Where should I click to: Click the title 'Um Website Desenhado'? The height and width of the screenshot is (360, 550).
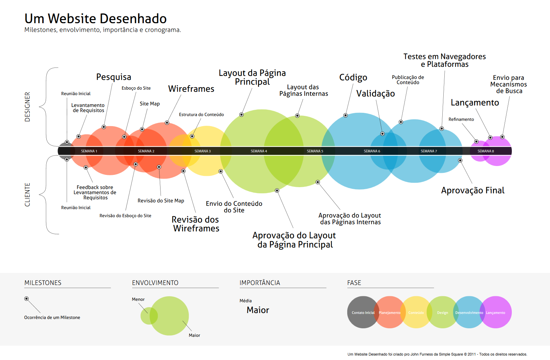[x=95, y=19]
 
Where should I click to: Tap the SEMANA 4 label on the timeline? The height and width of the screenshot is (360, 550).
[x=259, y=151]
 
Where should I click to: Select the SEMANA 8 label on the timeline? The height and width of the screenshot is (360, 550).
[x=486, y=151]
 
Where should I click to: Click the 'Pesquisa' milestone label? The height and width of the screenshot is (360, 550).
[x=113, y=77]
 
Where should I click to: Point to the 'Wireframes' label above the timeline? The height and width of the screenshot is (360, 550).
[x=191, y=89]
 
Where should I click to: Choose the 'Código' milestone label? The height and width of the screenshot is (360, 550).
[x=353, y=78]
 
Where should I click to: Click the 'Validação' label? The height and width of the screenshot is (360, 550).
[x=376, y=94]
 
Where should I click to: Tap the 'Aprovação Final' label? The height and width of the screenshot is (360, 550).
[x=473, y=191]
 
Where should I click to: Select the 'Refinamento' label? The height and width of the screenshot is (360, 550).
[x=461, y=119]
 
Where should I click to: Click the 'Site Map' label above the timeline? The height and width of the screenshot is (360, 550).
[x=150, y=104]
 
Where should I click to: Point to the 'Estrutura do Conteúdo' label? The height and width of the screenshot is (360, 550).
[x=201, y=115]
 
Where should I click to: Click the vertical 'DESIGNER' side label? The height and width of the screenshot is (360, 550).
[x=28, y=107]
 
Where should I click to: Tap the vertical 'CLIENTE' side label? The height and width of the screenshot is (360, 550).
[x=28, y=195]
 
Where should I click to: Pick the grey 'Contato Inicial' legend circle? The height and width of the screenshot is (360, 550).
[x=361, y=312]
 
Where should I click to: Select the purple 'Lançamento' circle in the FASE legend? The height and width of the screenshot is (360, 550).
[x=498, y=312]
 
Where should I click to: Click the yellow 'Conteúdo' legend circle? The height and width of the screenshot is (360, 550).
[x=416, y=312]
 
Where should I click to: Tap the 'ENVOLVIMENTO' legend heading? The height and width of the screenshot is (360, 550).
[x=155, y=283]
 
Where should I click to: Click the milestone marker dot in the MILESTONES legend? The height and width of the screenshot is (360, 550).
[x=26, y=299]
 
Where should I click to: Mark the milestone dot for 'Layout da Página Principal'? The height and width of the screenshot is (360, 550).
[x=241, y=115]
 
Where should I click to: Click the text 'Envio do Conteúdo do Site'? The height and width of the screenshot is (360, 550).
[x=234, y=207]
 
